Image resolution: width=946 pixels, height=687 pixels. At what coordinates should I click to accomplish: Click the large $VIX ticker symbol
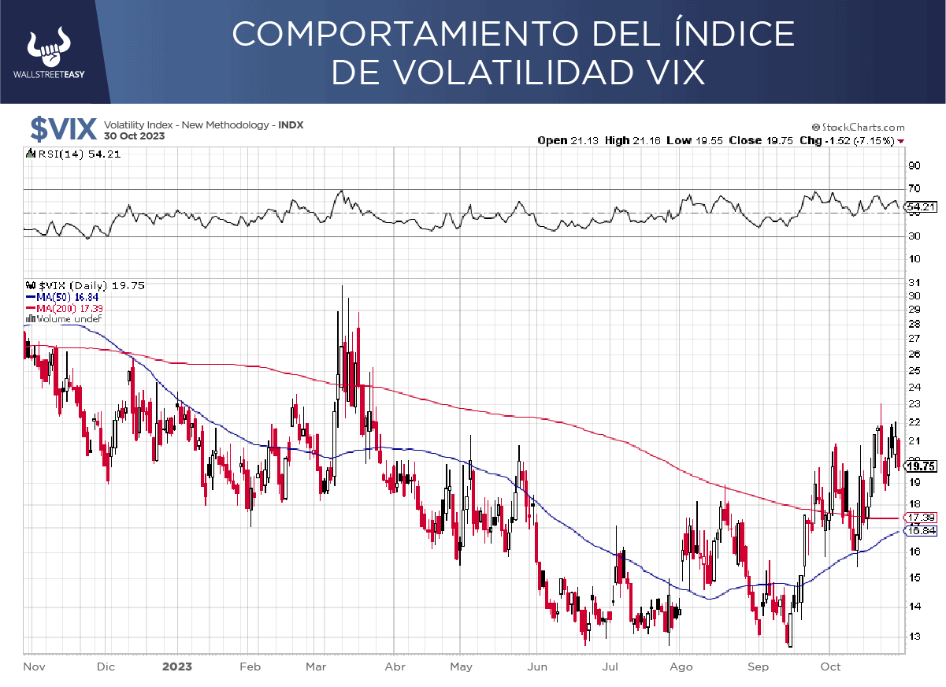pos(63,128)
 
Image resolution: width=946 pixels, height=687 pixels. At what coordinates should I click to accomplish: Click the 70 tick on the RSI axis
pos(914,188)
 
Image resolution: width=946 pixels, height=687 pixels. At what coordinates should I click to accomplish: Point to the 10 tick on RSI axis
pos(914,259)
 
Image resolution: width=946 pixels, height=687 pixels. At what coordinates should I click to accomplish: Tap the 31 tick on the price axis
pos(914,282)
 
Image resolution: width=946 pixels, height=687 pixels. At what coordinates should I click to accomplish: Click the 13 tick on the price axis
pos(914,636)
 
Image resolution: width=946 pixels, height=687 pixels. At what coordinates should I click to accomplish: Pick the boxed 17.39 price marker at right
pos(919,517)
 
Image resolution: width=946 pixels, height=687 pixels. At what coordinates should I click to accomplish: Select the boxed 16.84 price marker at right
pos(919,531)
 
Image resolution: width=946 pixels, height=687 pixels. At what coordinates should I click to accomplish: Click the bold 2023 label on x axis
pos(177,667)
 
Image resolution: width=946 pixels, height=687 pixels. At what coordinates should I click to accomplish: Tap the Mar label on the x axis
pos(316,667)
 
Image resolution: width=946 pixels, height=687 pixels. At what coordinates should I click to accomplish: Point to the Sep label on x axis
pos(757,667)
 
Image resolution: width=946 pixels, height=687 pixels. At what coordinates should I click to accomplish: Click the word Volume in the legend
pos(54,319)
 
